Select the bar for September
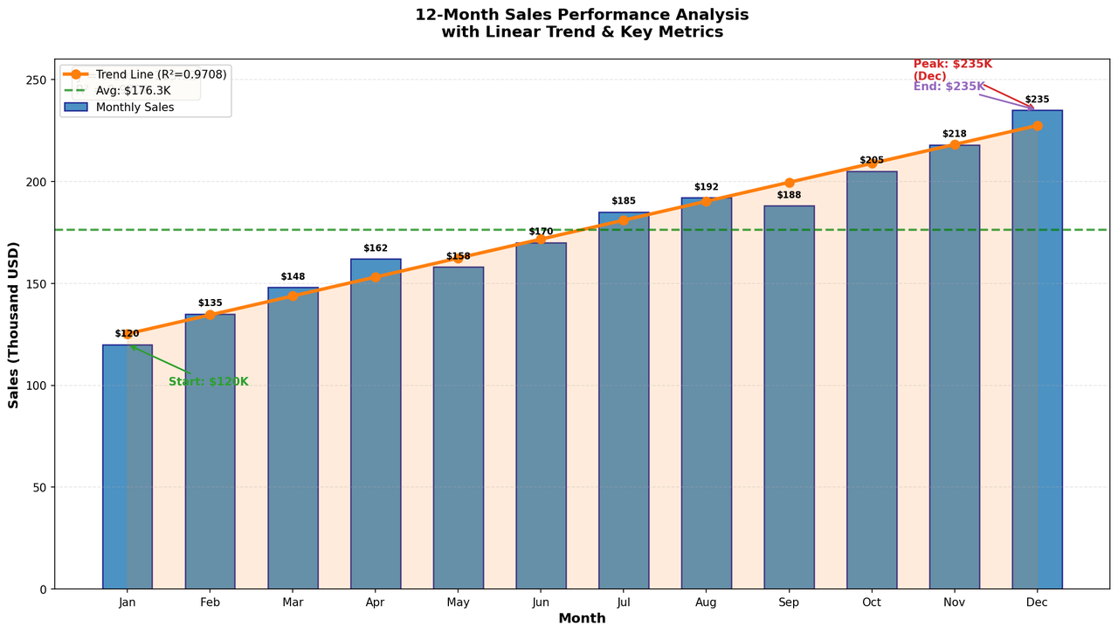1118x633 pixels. coord(789,397)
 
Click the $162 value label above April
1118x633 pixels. coord(376,248)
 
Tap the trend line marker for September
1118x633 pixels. coord(789,183)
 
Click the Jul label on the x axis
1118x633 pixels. coord(624,602)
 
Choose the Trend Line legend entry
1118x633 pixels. coord(145,74)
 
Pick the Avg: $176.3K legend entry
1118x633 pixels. coord(117,91)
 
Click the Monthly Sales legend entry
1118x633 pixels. coord(120,108)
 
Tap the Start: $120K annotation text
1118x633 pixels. coord(208,382)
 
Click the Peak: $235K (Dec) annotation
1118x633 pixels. coord(953,70)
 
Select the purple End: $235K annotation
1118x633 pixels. coord(949,87)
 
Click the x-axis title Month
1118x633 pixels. coord(582,618)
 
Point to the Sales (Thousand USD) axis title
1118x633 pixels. coord(13,324)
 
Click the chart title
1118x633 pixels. coord(582,23)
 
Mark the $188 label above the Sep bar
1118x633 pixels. coord(789,195)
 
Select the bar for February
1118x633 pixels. coord(210,452)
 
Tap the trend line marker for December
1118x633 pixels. coord(1037,126)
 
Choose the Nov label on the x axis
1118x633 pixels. coord(955,602)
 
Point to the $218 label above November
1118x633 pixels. coord(955,134)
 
